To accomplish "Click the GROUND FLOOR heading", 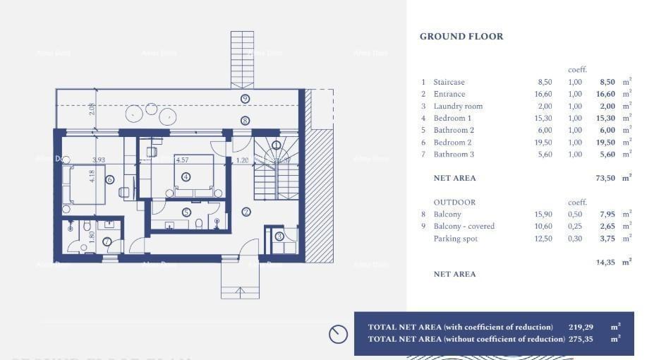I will point(461,37).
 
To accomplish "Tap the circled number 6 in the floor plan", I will point(109,180).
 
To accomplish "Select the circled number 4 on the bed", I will point(186,176).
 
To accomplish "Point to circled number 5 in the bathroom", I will point(186,212).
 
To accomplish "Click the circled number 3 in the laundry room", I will point(279,236).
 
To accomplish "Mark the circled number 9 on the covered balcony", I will point(245,99).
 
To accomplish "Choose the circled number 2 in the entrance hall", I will point(246,211).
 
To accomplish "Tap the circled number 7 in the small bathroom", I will point(107,241).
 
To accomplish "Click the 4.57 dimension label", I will point(182,160).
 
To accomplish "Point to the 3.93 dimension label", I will point(98,160).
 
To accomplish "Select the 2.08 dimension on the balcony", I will point(92,109).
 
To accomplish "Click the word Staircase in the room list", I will point(449,82).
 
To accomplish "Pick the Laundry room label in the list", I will point(458,106).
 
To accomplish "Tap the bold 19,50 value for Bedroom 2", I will point(605,142).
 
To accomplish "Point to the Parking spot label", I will point(455,239).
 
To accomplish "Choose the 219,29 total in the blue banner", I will point(582,327).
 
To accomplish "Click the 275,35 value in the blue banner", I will point(582,339).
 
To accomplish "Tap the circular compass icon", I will point(338,334).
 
